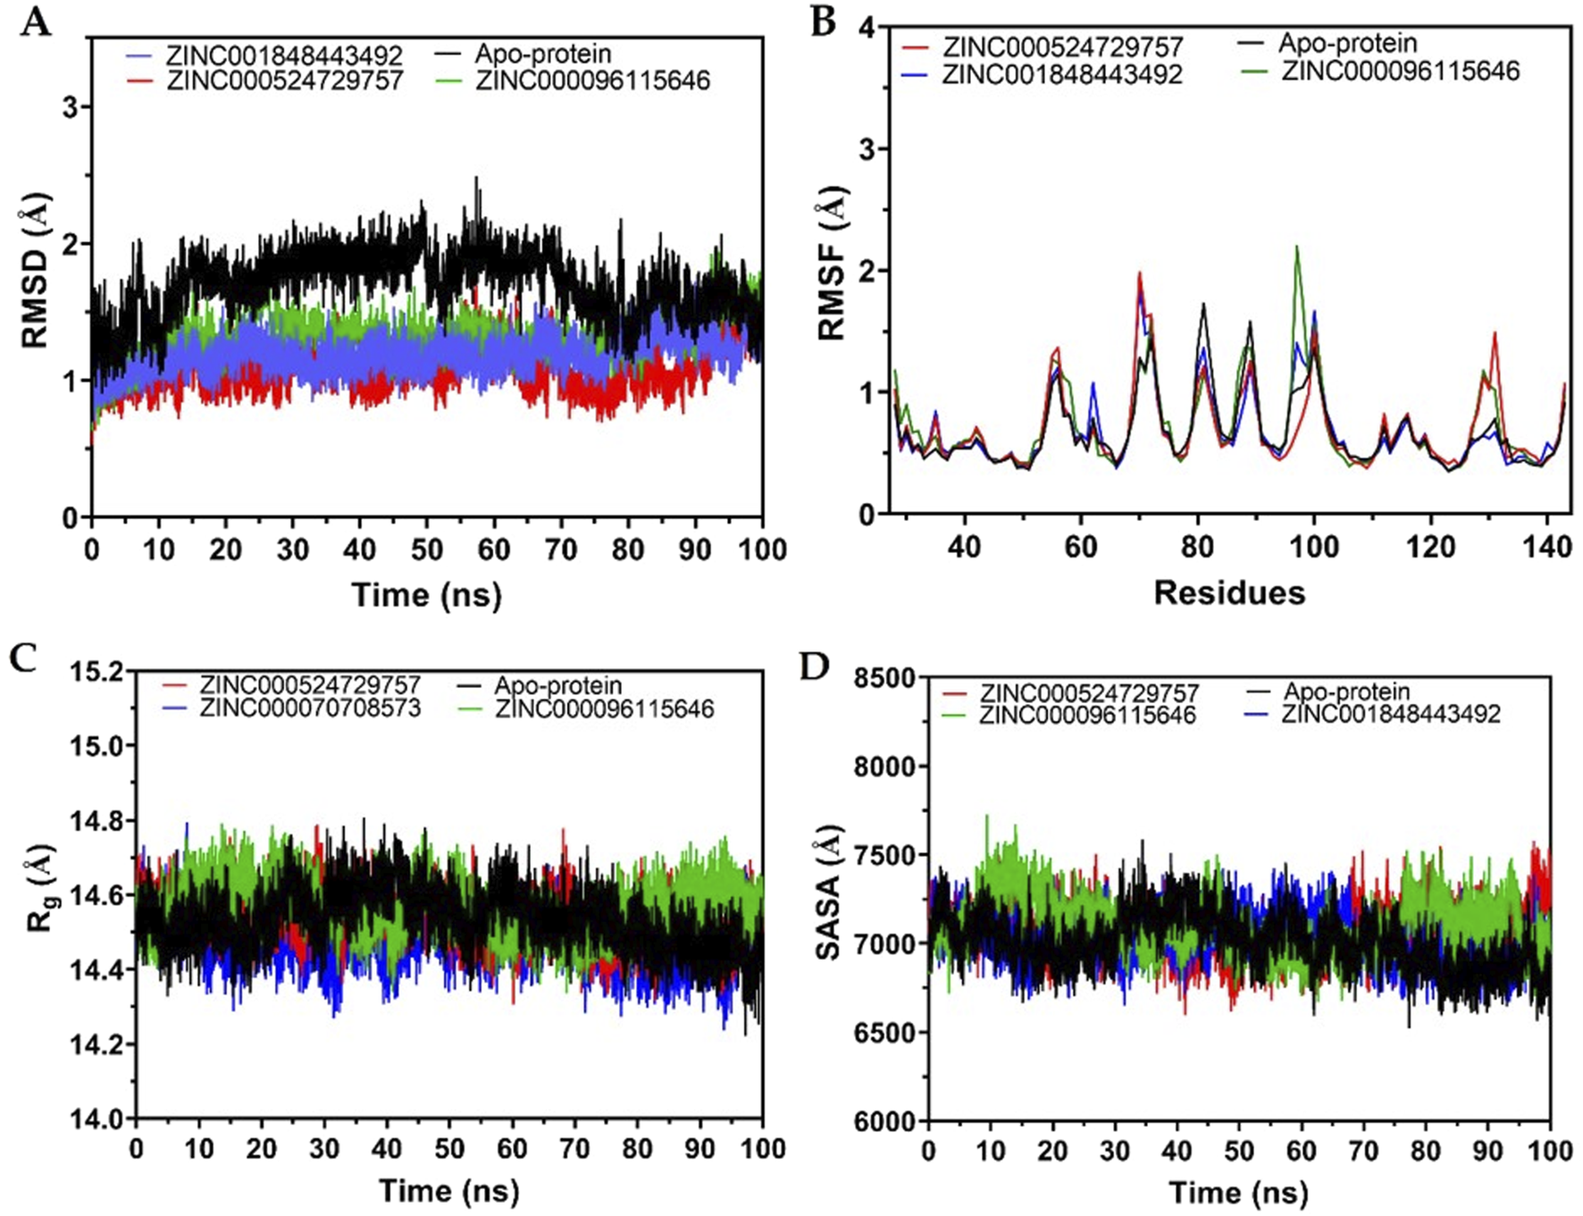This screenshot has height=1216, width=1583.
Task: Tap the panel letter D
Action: (814, 666)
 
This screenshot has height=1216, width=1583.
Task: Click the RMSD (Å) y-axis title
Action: (34, 271)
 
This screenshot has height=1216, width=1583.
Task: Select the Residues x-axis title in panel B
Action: (1229, 592)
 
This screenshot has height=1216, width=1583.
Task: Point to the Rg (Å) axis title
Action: (39, 887)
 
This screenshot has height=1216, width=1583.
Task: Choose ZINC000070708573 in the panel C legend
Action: (310, 709)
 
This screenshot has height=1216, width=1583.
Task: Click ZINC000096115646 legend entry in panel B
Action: (1400, 71)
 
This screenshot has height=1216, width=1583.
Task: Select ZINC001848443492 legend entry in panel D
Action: (1391, 714)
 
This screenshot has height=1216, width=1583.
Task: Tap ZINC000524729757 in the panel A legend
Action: (285, 80)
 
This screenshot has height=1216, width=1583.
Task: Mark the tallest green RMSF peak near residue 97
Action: (1296, 247)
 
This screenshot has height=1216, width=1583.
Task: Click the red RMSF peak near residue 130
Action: (1494, 333)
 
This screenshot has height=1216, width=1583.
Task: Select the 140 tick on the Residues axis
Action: (1547, 547)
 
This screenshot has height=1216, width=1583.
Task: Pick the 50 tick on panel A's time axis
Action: (427, 549)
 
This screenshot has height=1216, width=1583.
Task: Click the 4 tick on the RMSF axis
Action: (866, 27)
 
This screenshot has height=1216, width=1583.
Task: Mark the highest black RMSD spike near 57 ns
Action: (476, 179)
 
